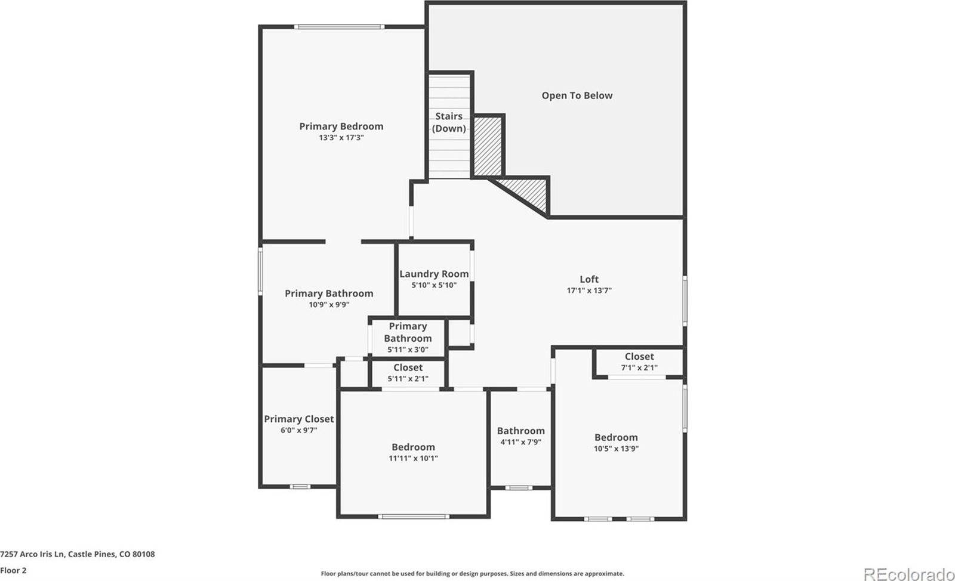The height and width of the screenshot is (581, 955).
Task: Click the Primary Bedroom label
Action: pos(341,126)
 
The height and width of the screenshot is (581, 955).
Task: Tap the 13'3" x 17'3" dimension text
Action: pos(341,138)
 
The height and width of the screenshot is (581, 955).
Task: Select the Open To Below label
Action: pos(577,95)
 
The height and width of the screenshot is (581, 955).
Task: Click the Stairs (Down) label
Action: pos(449,122)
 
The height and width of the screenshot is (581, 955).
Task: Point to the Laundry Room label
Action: pos(434,274)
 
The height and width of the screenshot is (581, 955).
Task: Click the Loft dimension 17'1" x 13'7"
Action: pos(589,290)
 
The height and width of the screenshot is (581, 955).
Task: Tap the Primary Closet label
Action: pos(299,419)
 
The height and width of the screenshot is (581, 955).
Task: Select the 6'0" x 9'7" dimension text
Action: pos(299,430)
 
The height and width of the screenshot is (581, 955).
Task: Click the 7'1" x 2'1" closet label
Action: pos(639,367)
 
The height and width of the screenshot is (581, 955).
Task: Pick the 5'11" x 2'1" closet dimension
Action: pos(408,379)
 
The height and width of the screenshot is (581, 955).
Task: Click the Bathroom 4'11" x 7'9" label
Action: pos(520,431)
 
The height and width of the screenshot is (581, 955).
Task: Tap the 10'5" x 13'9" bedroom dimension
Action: pos(616,449)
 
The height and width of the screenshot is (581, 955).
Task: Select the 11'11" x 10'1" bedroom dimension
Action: pos(413,458)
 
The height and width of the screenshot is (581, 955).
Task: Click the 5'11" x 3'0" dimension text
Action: pos(408,350)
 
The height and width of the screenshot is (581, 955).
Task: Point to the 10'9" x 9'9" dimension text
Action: pos(329,305)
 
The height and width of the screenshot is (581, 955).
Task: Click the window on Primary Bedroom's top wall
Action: pos(339,26)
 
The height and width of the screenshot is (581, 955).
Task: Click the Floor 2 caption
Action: pos(13,570)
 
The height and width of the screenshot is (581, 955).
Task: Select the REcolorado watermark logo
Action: pos(908,574)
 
